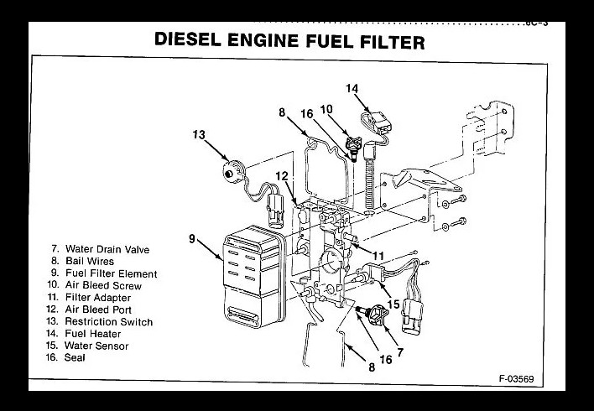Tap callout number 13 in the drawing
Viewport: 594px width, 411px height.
click(x=198, y=135)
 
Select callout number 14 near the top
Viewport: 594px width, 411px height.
click(x=352, y=87)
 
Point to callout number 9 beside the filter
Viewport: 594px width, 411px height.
click(x=192, y=239)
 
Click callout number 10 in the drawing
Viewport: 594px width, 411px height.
click(x=326, y=109)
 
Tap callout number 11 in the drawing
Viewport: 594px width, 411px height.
click(x=378, y=255)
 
